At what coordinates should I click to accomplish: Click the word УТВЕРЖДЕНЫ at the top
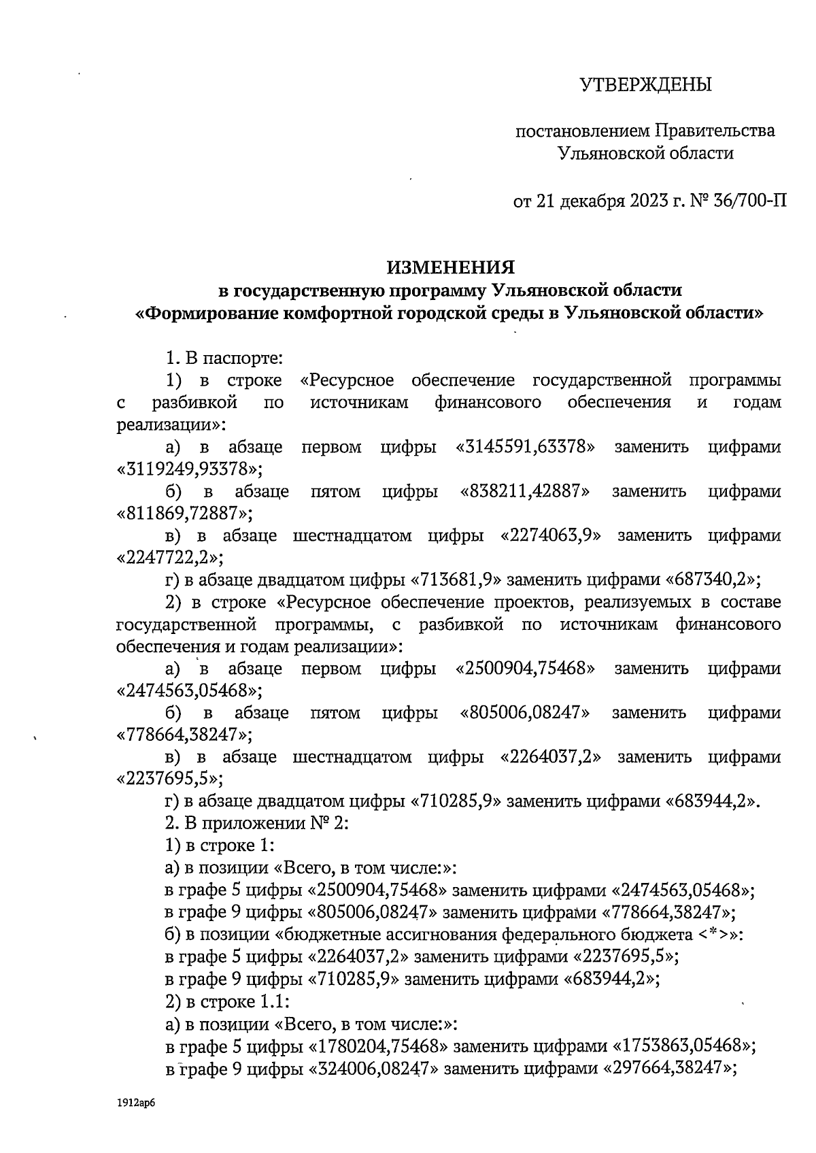coord(645,85)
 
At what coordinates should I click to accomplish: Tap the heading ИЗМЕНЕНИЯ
coord(452,266)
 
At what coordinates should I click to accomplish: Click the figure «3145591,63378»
coord(527,447)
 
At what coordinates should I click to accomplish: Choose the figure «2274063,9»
coord(551,535)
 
